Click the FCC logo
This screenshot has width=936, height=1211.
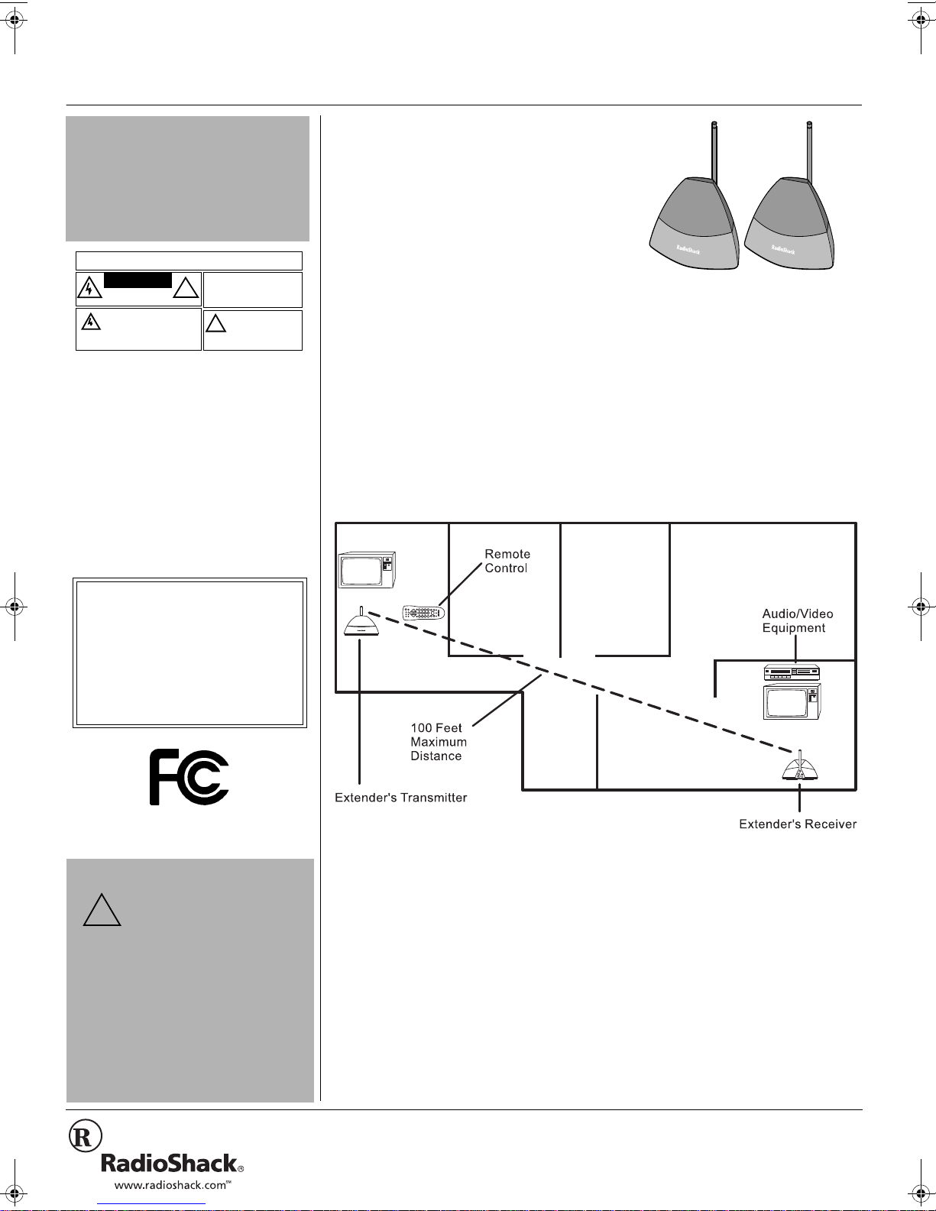(x=189, y=777)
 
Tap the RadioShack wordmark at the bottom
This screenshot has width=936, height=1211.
(x=172, y=1163)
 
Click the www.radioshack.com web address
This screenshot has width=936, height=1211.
(x=173, y=1185)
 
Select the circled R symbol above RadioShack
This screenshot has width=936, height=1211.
(x=86, y=1136)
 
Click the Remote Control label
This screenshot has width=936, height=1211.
(x=507, y=561)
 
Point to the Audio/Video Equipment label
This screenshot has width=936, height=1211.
(x=797, y=620)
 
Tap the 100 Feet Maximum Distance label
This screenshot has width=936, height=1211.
(x=439, y=742)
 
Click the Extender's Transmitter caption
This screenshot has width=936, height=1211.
(x=400, y=798)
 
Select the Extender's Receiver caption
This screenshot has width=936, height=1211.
(x=798, y=824)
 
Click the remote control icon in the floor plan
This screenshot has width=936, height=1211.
(x=423, y=613)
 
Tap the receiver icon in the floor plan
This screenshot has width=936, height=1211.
(x=799, y=765)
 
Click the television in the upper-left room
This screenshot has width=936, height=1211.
(x=367, y=569)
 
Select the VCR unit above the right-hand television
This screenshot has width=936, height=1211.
(x=792, y=672)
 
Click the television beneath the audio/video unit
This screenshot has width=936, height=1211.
(x=792, y=701)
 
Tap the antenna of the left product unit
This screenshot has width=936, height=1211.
(x=714, y=151)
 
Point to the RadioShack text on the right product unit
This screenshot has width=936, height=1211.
(x=782, y=249)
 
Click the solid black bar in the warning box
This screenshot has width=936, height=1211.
(x=138, y=280)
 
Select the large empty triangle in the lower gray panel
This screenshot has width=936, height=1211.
(x=102, y=911)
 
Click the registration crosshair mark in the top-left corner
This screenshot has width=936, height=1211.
(x=15, y=21)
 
